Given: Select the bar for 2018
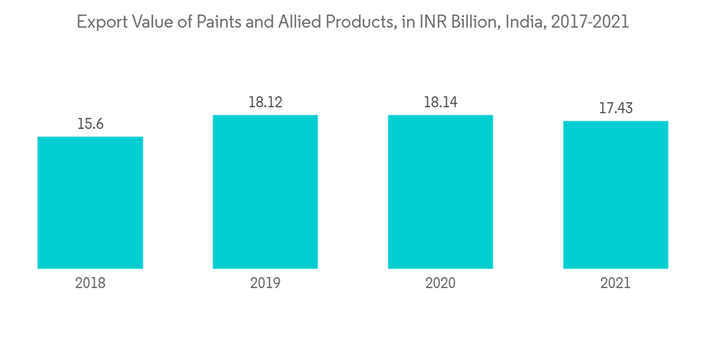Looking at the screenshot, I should (90, 202).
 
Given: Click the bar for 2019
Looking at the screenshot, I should (265, 191).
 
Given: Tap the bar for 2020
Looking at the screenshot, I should (441, 191).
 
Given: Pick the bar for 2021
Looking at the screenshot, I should (615, 194).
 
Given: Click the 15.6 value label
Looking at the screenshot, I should (90, 124).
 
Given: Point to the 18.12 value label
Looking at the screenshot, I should (265, 102).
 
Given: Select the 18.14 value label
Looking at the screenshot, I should (441, 102).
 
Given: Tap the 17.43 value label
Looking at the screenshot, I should (615, 109).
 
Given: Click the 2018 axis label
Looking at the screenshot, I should (90, 283).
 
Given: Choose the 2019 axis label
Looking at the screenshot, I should (265, 283).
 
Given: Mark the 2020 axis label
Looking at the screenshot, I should (441, 283).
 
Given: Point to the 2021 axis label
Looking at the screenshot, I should (615, 283).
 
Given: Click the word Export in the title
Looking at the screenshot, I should (100, 22).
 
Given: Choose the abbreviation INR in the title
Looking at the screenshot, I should (427, 22).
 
